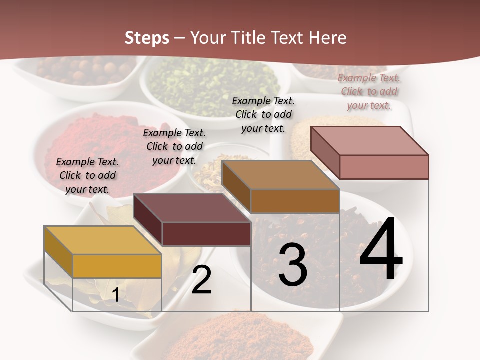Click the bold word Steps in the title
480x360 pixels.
point(147,38)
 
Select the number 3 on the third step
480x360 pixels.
point(292,265)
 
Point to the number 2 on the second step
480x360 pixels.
point(201,280)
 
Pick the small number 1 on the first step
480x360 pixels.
point(116,295)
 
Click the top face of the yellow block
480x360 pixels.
point(103,240)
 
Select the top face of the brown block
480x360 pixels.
point(280,175)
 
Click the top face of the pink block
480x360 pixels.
point(369,141)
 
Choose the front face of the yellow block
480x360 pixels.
point(117,266)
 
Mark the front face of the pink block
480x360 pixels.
point(384,167)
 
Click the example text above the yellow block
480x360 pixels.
point(87,175)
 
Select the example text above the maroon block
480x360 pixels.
point(174,146)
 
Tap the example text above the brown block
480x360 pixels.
point(263,114)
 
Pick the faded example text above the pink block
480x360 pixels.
point(369,91)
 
